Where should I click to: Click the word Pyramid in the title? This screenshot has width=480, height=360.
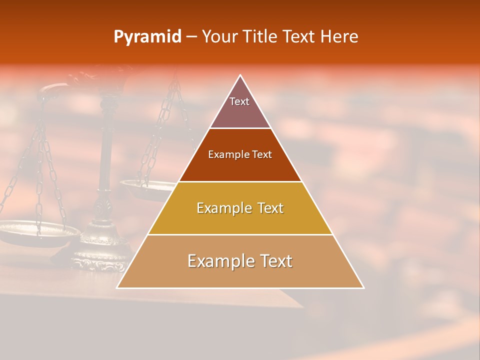click(x=147, y=37)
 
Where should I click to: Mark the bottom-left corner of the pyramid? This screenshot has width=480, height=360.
click(x=117, y=287)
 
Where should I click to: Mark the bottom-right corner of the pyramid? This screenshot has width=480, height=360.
click(x=363, y=287)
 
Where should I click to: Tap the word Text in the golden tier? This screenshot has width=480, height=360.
click(x=266, y=208)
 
